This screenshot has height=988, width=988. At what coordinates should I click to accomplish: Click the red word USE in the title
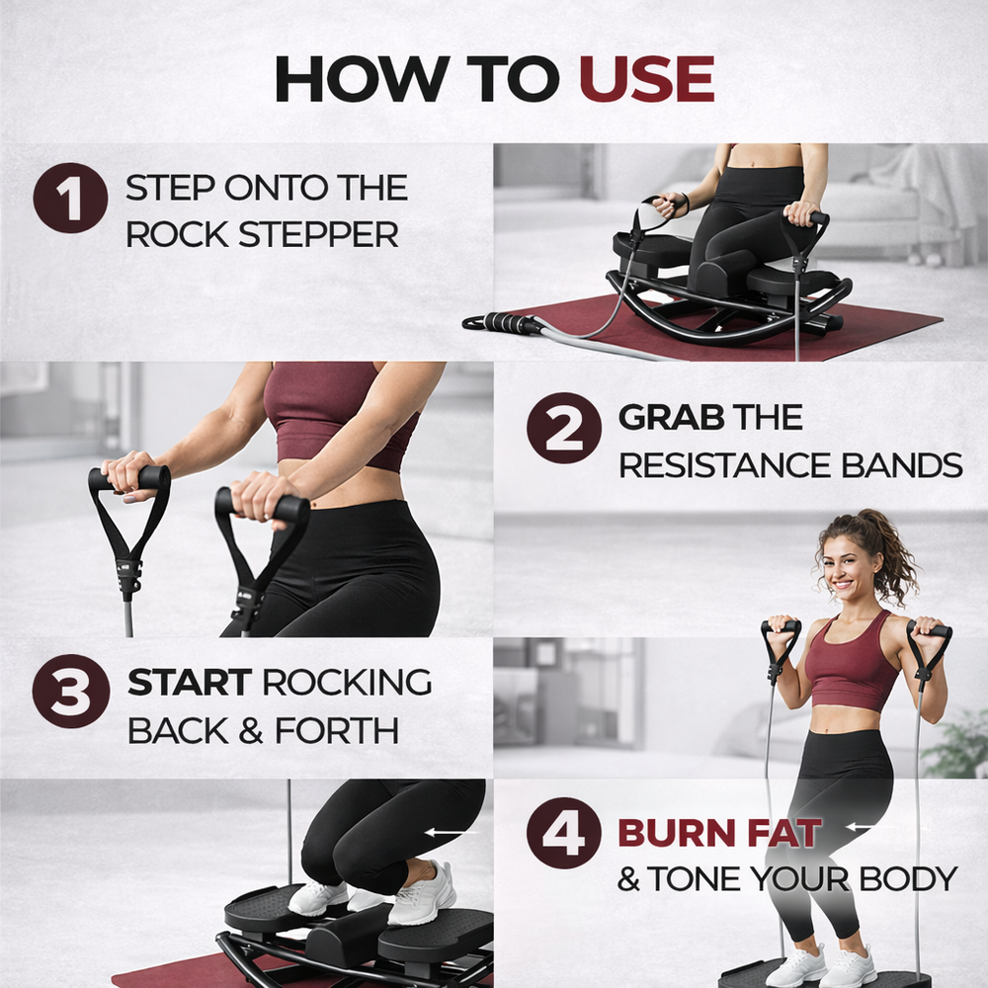pyautogui.click(x=646, y=79)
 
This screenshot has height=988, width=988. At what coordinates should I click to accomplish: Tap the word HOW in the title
pyautogui.click(x=363, y=79)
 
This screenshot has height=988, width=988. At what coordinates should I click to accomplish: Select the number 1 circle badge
pyautogui.click(x=70, y=198)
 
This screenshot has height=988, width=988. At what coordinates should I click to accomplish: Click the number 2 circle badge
pyautogui.click(x=564, y=429)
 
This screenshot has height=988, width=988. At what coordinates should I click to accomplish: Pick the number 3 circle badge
pyautogui.click(x=70, y=692)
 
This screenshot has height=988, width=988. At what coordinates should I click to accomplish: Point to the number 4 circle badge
pyautogui.click(x=564, y=833)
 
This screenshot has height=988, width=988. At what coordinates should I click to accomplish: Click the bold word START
pyautogui.click(x=190, y=683)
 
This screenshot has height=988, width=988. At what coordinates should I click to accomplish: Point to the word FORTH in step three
pyautogui.click(x=337, y=731)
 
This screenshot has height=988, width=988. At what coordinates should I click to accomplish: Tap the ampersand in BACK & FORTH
pyautogui.click(x=250, y=731)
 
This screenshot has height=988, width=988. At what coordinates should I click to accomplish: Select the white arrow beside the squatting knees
pyautogui.click(x=452, y=833)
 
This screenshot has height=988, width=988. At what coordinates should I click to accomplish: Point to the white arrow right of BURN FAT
pyautogui.click(x=862, y=827)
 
